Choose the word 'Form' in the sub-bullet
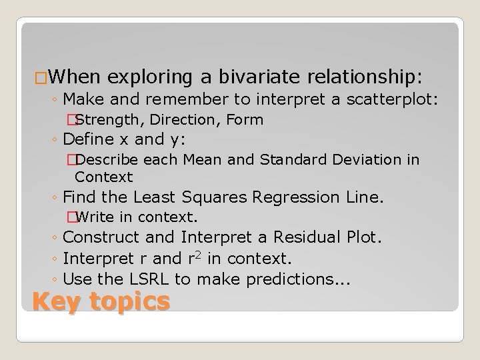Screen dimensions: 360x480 [245, 121]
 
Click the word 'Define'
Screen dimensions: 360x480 [89, 141]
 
